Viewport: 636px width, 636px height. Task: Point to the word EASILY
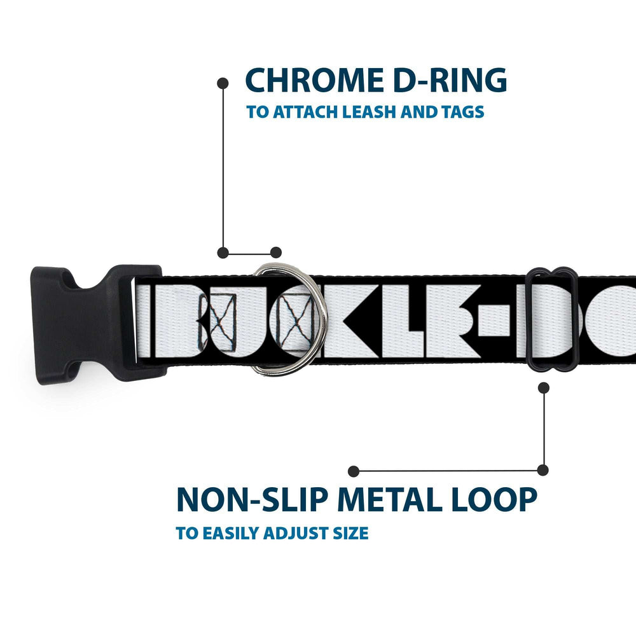[231, 533]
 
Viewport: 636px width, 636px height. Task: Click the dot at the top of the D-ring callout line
[223, 83]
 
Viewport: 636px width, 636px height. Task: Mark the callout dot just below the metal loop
[543, 387]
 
